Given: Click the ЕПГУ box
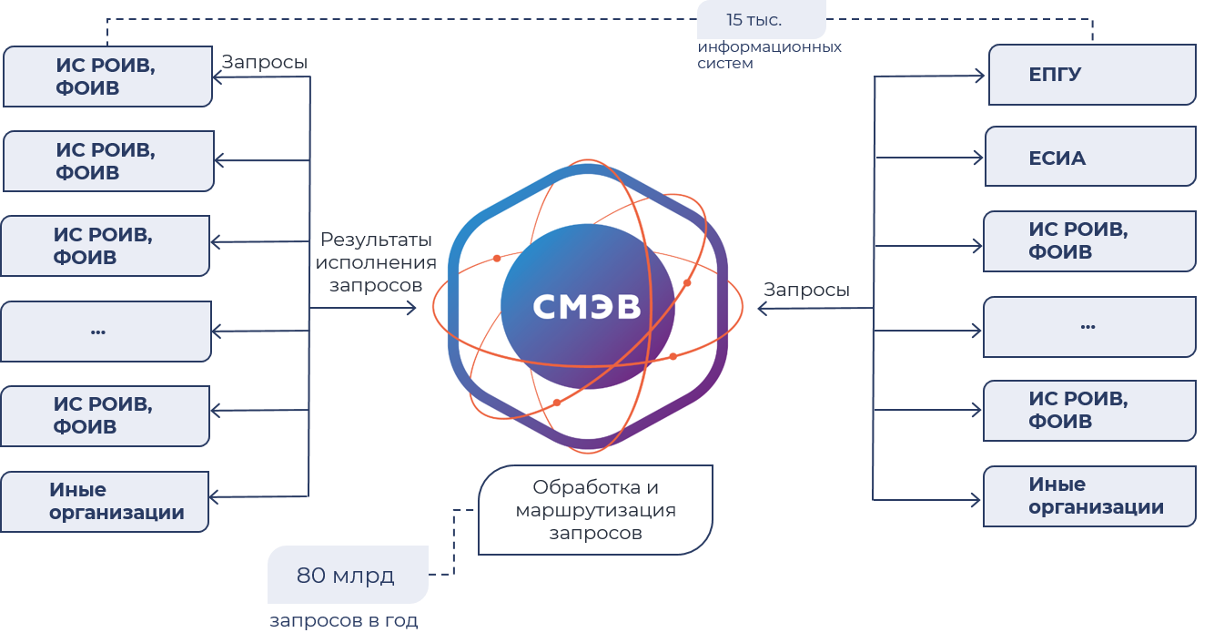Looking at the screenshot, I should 1091,75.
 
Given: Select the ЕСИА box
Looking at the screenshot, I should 1090,158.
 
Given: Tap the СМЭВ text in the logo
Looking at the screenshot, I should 587,307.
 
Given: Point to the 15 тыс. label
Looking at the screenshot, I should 754,20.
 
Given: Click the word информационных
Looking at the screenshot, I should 770,46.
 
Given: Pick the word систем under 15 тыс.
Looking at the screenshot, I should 725,64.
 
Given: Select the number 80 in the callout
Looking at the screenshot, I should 311,576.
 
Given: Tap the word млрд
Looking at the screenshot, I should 363,576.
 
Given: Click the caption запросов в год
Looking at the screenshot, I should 343,621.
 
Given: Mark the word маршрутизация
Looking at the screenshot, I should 595,510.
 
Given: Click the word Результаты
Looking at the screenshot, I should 376,240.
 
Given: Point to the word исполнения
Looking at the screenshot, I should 376,262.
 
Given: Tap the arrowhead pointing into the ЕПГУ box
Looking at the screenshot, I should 979,77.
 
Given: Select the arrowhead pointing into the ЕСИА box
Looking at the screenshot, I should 979,158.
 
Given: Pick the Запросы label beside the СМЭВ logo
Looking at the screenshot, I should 806,290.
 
